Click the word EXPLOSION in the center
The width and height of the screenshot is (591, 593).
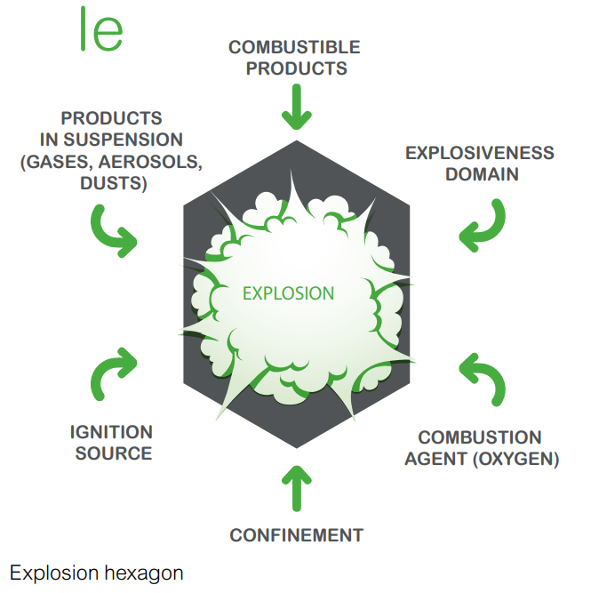click(x=289, y=292)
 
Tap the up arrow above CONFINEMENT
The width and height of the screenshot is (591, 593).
click(x=296, y=486)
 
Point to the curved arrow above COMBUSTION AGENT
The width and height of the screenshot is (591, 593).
click(x=484, y=379)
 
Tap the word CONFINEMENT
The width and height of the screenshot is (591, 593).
click(x=296, y=535)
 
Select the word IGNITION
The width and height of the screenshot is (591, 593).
click(x=112, y=432)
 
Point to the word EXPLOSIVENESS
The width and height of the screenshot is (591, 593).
click(x=480, y=153)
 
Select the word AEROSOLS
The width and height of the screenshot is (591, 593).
click(x=159, y=162)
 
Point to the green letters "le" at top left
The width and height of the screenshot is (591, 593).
click(x=100, y=30)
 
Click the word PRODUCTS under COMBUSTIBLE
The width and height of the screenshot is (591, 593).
click(x=296, y=68)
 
